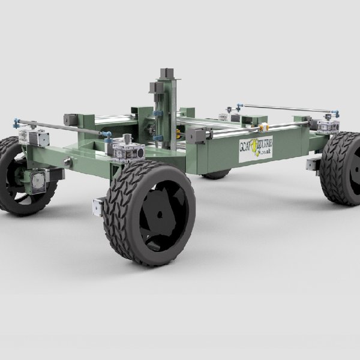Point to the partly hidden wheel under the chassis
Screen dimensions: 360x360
click(216, 175)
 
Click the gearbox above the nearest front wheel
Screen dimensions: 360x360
click(127, 149)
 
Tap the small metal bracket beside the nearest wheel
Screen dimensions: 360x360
click(98, 205)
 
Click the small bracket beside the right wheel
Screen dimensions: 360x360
click(313, 164)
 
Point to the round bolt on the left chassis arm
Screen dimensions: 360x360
click(68, 162)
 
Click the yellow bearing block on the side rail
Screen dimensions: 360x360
click(263, 127)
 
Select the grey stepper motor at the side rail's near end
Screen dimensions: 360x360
click(196, 136)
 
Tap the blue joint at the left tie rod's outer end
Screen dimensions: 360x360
click(16, 124)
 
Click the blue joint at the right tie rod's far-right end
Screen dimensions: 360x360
click(336, 112)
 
